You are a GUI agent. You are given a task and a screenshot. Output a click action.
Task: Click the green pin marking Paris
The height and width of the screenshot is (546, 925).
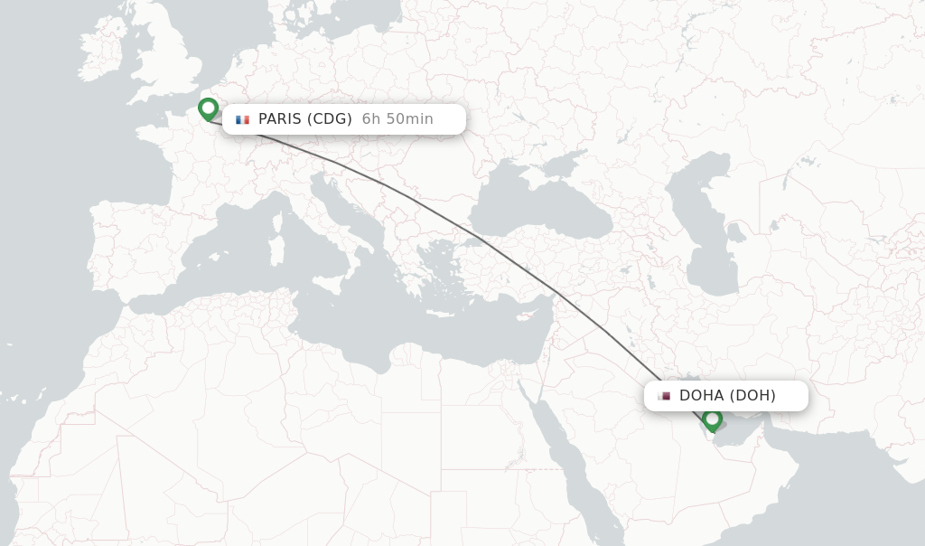pos(209,108)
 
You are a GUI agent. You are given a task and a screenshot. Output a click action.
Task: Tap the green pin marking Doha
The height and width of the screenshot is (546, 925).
pos(713,419)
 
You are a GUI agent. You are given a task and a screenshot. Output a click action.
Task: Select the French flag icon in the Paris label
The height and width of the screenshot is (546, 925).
pos(242,119)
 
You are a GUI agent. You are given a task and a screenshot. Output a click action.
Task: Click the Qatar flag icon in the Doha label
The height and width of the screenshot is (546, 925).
pos(664,396)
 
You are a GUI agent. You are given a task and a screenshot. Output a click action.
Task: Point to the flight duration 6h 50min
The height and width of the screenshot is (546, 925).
pos(397,119)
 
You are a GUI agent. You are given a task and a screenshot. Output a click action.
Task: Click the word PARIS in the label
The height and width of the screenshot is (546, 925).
pos(279,119)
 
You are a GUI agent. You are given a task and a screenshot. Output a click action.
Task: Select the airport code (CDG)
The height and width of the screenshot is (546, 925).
pos(329,119)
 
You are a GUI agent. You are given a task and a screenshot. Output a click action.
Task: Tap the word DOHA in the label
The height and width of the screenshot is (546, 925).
pos(701,395)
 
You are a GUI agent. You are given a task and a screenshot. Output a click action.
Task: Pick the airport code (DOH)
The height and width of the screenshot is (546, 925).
pos(752,395)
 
